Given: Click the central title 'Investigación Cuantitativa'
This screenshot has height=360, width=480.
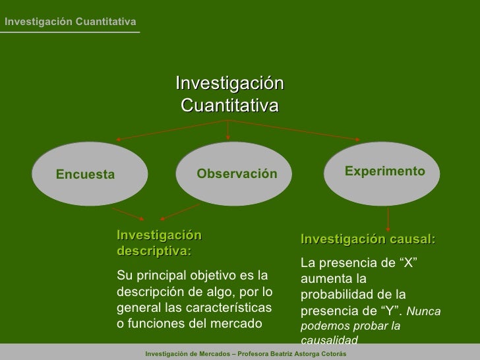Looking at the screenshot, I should pyautogui.click(x=229, y=94).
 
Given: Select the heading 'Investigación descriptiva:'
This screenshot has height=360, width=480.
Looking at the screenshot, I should pyautogui.click(x=159, y=243).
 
